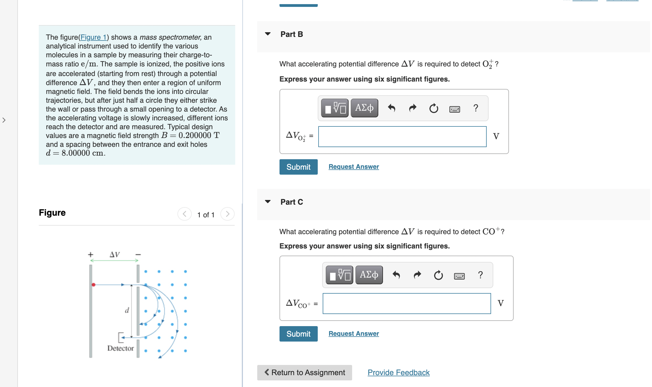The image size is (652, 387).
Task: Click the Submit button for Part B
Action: (x=298, y=167)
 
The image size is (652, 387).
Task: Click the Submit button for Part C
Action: (x=298, y=334)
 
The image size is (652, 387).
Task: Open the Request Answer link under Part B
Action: (x=354, y=167)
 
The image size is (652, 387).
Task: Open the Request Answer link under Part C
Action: (x=354, y=334)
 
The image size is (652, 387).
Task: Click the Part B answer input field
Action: (x=402, y=137)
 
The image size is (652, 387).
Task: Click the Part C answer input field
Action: (x=407, y=304)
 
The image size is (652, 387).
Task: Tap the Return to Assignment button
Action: (x=305, y=373)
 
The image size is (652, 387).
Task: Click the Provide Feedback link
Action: (x=398, y=373)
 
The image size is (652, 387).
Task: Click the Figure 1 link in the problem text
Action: (x=94, y=37)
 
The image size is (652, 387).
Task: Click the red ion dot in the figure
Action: (x=94, y=285)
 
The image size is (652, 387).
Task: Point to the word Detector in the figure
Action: (x=120, y=348)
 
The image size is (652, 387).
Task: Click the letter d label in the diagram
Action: (x=127, y=310)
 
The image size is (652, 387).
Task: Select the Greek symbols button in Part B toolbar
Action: (x=364, y=108)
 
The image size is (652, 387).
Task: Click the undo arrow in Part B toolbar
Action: (x=391, y=108)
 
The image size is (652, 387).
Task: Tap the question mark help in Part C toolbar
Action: (x=480, y=275)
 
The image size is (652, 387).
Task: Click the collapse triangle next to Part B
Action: (x=268, y=34)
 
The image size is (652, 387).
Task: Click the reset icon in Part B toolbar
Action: (x=434, y=108)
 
